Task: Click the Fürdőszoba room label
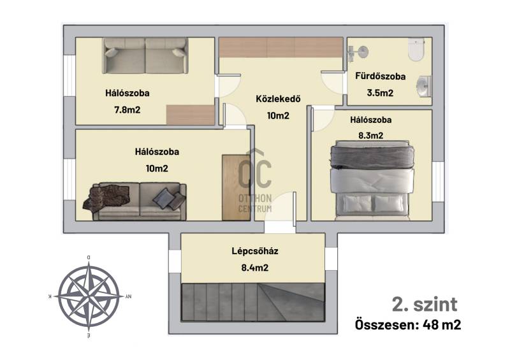coord(380,76)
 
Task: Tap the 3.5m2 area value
coord(380,93)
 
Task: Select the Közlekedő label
coord(278,99)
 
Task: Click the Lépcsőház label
coord(254,251)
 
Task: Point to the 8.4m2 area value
coord(254,268)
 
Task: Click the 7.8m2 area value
coord(127,110)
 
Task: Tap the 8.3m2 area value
coord(371,135)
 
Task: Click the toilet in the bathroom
coord(416,49)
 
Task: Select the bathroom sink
coord(424,86)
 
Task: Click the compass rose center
coord(89,296)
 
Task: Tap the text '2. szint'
coord(425,305)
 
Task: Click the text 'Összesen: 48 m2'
coord(408,324)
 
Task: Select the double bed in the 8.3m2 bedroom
coord(372,180)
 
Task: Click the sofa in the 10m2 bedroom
coord(135,201)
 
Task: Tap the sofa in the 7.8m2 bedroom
coord(145,55)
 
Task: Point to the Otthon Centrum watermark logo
coord(255,181)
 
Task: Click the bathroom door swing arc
coord(331,83)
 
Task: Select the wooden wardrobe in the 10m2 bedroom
coord(236,187)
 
